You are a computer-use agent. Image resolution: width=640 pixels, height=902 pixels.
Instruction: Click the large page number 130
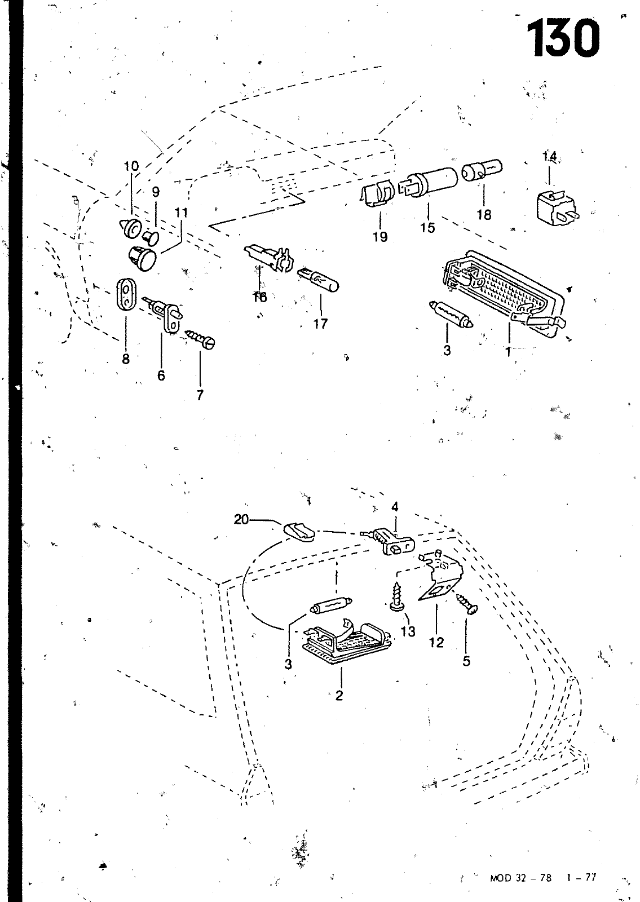pyautogui.click(x=563, y=38)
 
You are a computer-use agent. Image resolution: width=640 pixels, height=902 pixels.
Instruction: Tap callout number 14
pyautogui.click(x=549, y=156)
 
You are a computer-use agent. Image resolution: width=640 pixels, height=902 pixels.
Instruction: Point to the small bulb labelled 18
pyautogui.click(x=482, y=170)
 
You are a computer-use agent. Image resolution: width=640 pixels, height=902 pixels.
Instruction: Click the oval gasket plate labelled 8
pyautogui.click(x=126, y=294)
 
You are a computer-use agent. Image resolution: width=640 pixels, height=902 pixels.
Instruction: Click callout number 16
pyautogui.click(x=259, y=297)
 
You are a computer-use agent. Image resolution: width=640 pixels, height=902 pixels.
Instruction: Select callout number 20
pyautogui.click(x=241, y=519)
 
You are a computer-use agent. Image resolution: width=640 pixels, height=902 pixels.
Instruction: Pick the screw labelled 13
pyautogui.click(x=394, y=598)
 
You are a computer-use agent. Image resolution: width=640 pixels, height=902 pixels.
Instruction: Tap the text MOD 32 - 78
pyautogui.click(x=520, y=877)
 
